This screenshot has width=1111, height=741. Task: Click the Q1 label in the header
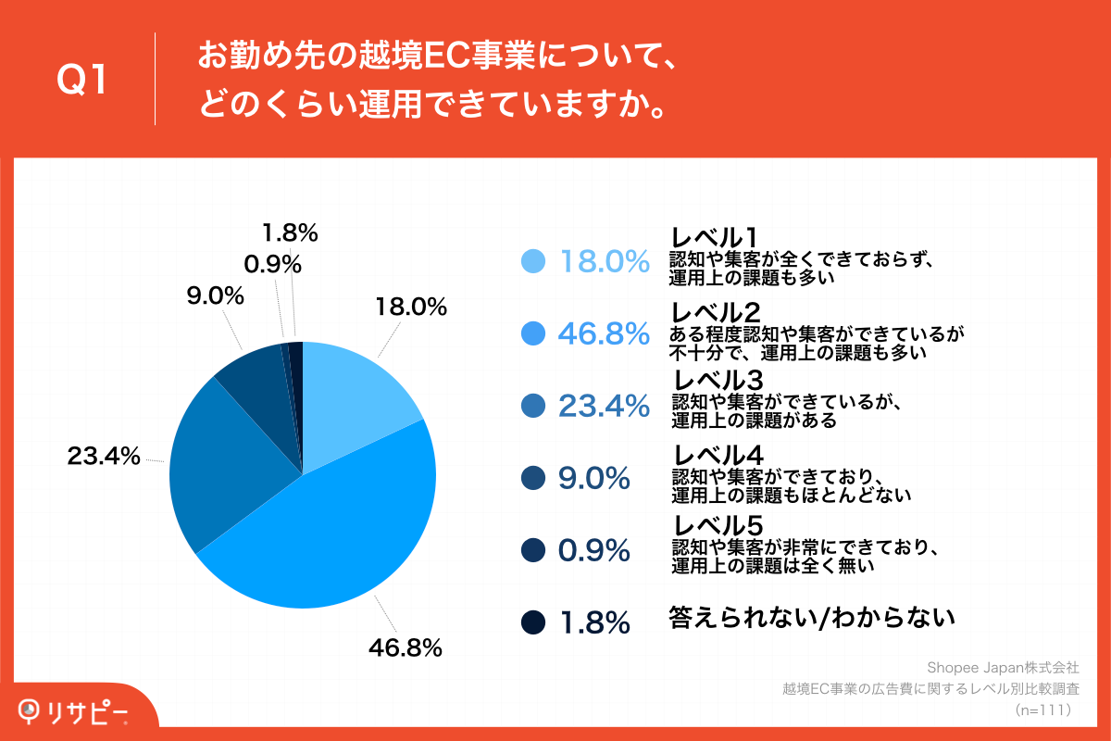click(82, 82)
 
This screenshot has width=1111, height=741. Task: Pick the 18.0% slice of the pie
click(356, 398)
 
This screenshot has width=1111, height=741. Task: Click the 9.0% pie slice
click(259, 380)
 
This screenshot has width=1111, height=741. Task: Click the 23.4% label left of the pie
click(103, 456)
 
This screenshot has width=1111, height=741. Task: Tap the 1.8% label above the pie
click(290, 232)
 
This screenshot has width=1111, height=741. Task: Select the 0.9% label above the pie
click(272, 265)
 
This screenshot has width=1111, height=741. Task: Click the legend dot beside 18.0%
click(533, 262)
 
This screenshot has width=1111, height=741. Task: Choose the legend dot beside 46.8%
click(533, 333)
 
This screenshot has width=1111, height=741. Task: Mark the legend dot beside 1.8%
click(533, 622)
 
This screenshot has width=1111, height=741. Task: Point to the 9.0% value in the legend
click(594, 478)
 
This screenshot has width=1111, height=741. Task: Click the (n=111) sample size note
click(1042, 710)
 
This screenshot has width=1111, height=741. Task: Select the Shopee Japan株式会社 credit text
click(1003, 667)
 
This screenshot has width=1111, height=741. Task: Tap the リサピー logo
click(74, 710)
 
